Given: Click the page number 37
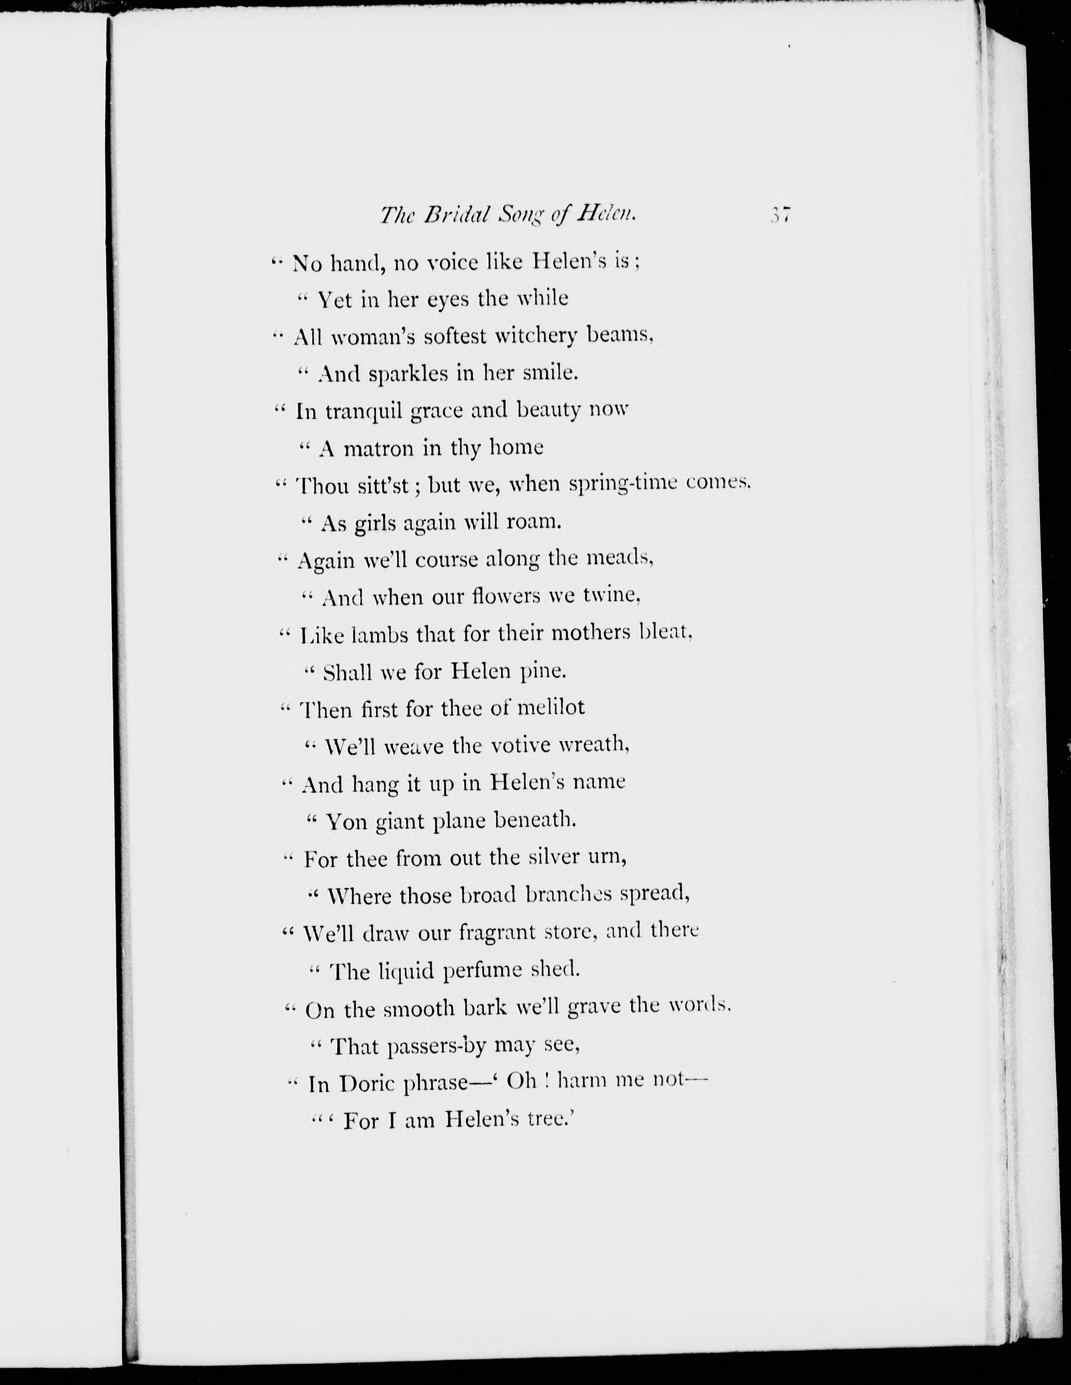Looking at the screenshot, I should (780, 215).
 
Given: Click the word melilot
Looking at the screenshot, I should (551, 708).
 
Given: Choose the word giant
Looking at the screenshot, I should (400, 822).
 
